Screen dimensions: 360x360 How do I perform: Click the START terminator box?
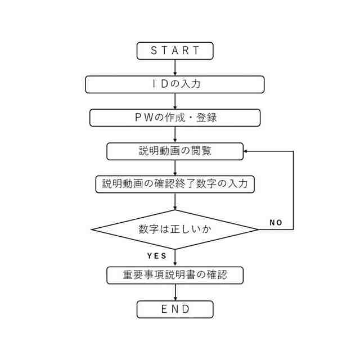[x=175, y=51]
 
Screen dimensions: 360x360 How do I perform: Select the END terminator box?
[x=175, y=309]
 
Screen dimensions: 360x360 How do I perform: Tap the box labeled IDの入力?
[x=175, y=84]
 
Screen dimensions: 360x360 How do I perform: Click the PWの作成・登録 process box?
[x=175, y=118]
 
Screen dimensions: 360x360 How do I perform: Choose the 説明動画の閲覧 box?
[x=175, y=151]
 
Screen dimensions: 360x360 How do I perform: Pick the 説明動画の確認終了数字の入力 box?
[x=175, y=184]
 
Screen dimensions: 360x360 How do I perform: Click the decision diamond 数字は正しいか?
[x=175, y=229]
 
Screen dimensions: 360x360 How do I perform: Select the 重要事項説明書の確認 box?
[x=175, y=275]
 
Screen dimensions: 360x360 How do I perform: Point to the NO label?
[x=276, y=223]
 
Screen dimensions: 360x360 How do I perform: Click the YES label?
[x=157, y=256]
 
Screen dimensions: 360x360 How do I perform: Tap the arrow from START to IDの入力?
[x=175, y=67]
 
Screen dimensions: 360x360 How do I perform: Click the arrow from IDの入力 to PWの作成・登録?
[x=175, y=101]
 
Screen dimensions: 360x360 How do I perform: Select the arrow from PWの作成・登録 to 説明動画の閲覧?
[x=175, y=134]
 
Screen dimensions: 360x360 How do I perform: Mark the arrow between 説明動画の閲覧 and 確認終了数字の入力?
[x=175, y=168]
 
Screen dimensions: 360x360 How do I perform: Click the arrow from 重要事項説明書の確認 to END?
[x=175, y=292]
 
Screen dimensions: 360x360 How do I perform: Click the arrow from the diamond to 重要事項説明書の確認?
[x=175, y=258]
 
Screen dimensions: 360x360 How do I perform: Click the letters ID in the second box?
[x=159, y=84]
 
